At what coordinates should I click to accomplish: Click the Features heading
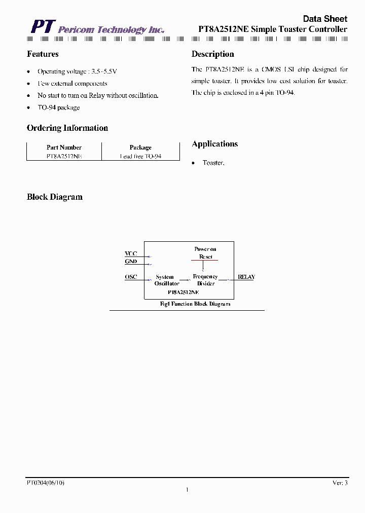click(43, 54)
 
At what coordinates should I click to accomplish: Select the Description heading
click(212, 54)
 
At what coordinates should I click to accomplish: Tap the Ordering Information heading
click(67, 128)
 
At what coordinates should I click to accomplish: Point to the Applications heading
click(214, 144)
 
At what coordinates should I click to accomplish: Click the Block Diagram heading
click(55, 197)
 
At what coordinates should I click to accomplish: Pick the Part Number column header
click(64, 148)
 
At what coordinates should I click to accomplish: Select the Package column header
click(140, 148)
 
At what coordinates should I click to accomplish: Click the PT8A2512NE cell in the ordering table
click(64, 157)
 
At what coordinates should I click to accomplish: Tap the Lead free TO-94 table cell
click(140, 157)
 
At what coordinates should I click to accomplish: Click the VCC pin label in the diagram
click(131, 253)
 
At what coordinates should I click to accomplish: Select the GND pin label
click(131, 262)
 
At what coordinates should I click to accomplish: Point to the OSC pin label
click(131, 277)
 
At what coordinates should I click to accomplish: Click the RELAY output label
click(246, 277)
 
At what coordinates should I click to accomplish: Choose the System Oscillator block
click(167, 280)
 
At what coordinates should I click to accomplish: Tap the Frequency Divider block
click(205, 280)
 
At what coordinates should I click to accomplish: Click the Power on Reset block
click(205, 253)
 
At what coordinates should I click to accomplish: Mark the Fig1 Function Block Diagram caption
click(195, 304)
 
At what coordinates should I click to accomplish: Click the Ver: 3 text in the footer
click(340, 483)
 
